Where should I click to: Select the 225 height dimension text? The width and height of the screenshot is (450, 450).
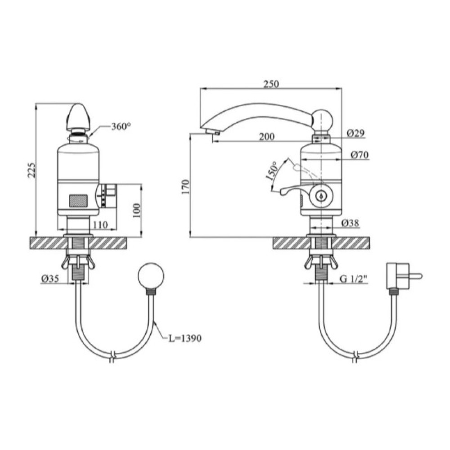[31, 170]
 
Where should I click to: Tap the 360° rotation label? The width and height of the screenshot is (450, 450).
[121, 126]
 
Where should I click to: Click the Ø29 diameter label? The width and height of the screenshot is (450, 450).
[355, 133]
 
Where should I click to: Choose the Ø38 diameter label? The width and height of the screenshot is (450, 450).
[351, 223]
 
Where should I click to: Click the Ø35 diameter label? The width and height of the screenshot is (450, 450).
[50, 278]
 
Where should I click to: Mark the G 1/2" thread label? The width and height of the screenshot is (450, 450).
[354, 279]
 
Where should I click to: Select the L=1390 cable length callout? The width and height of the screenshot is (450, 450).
[185, 338]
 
